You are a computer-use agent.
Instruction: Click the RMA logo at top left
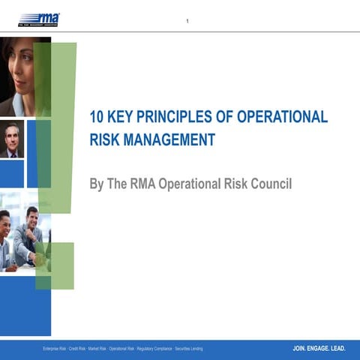(x=39, y=19)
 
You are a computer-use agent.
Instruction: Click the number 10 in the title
(x=97, y=117)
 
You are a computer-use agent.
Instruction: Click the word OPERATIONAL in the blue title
(x=283, y=117)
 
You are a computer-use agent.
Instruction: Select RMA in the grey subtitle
(x=151, y=184)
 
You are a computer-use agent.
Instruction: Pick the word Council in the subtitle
(x=268, y=184)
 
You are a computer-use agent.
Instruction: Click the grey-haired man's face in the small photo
(x=11, y=139)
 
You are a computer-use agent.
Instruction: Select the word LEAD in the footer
(x=337, y=349)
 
